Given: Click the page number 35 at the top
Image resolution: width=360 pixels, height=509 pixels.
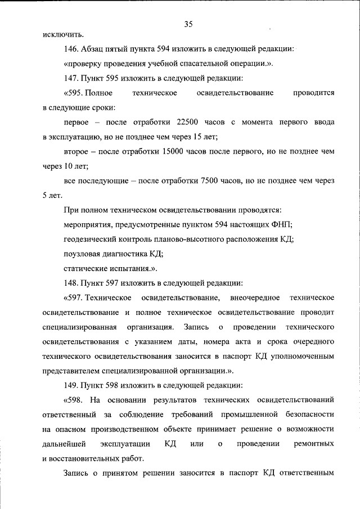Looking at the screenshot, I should [x=188, y=24].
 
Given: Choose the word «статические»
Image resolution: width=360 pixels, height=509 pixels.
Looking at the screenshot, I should [x=85, y=268].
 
